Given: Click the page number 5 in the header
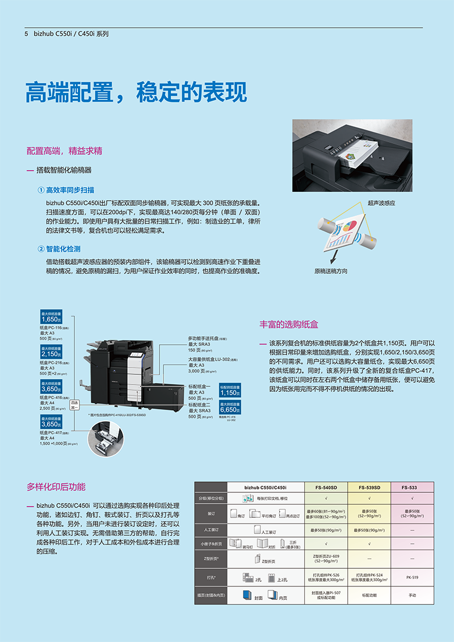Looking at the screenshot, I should pos(27,34).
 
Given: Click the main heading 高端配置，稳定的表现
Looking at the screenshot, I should pos(136,92).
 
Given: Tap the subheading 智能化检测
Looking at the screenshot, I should pos(63,249).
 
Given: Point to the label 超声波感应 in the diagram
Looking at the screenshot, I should pos(381,202).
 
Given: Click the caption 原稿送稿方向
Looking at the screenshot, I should pos(331,271).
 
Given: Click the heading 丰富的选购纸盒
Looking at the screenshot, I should pos(289,324).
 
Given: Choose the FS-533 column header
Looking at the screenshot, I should pos(409,487).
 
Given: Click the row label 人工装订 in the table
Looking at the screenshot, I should pos(211,529).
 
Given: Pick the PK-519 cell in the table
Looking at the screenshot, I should pos(412,577).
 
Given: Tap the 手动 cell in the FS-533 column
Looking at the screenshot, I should pos(412,595).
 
